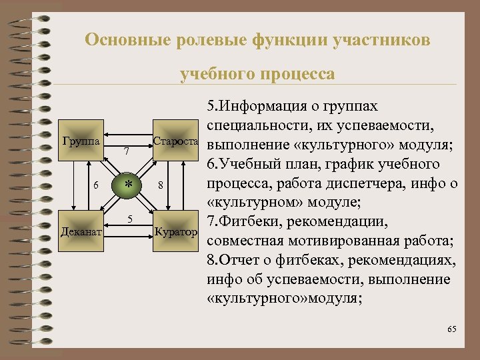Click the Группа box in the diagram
(81, 141)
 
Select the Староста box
(175, 141)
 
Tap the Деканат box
(81, 231)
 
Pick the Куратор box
(175, 231)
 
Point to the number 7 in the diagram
(127, 155)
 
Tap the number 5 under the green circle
(131, 219)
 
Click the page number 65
(452, 329)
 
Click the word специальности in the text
(261, 125)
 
